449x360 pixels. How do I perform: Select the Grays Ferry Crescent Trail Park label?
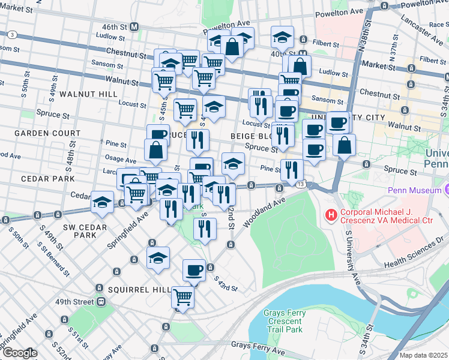285,322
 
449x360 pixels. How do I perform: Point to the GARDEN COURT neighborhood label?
47,133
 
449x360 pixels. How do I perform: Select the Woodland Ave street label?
263,214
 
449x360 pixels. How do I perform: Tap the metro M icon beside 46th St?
134,27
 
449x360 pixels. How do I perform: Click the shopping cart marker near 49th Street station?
182,296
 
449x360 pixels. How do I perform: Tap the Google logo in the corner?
19,353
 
